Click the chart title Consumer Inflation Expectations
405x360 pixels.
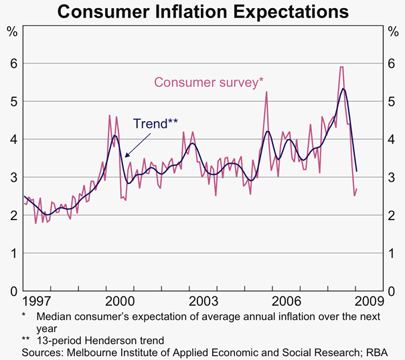point(202,13)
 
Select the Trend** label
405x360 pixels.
point(155,123)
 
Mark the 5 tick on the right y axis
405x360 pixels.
point(392,101)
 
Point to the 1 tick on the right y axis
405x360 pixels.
point(392,254)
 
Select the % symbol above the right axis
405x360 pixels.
point(392,31)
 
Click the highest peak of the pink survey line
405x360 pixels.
point(341,67)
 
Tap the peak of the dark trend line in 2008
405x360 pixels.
point(343,88)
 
